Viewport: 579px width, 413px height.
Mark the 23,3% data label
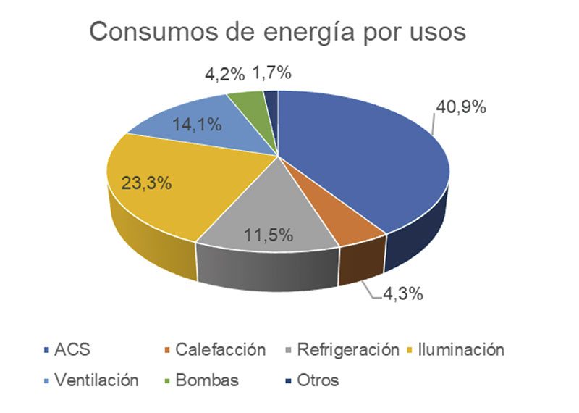(146, 183)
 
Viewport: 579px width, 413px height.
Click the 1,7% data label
(271, 72)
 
